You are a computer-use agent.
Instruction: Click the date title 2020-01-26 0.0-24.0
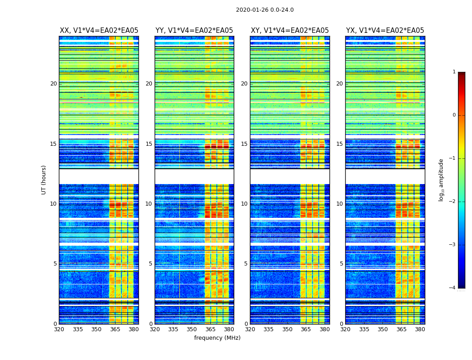click(x=265, y=10)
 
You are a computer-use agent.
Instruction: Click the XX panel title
click(x=99, y=31)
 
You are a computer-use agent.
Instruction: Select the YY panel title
click(x=194, y=31)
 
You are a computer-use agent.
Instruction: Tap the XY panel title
click(x=289, y=31)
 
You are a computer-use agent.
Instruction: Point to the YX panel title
click(x=385, y=31)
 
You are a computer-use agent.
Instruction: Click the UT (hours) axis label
click(x=44, y=180)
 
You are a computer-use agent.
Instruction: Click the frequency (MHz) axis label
click(x=217, y=338)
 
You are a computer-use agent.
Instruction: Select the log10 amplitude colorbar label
click(x=441, y=180)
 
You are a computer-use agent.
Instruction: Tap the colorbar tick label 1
click(x=454, y=72)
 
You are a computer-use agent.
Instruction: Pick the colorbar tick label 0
click(x=454, y=115)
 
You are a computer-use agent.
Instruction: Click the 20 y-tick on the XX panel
click(x=53, y=84)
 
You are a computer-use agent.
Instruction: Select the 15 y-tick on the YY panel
click(x=149, y=144)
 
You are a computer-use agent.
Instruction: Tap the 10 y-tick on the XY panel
click(x=244, y=204)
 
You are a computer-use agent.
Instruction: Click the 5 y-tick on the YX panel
click(x=341, y=264)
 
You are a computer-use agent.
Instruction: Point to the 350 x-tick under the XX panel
click(x=96, y=329)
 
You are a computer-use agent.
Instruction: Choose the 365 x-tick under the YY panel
click(x=210, y=329)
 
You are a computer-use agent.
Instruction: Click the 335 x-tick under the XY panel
click(x=268, y=329)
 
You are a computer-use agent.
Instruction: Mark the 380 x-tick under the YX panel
click(x=420, y=329)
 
